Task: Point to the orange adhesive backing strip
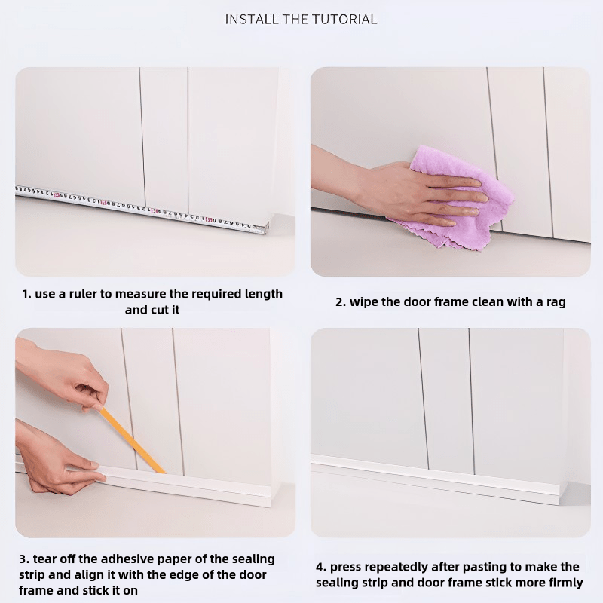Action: (133, 440)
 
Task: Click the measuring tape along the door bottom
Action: (142, 209)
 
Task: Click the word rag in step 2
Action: (556, 302)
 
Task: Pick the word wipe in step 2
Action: (364, 302)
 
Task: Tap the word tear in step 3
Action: (45, 559)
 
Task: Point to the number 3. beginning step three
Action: (24, 559)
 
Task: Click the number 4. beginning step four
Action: (321, 568)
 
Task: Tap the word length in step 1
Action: (263, 294)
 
